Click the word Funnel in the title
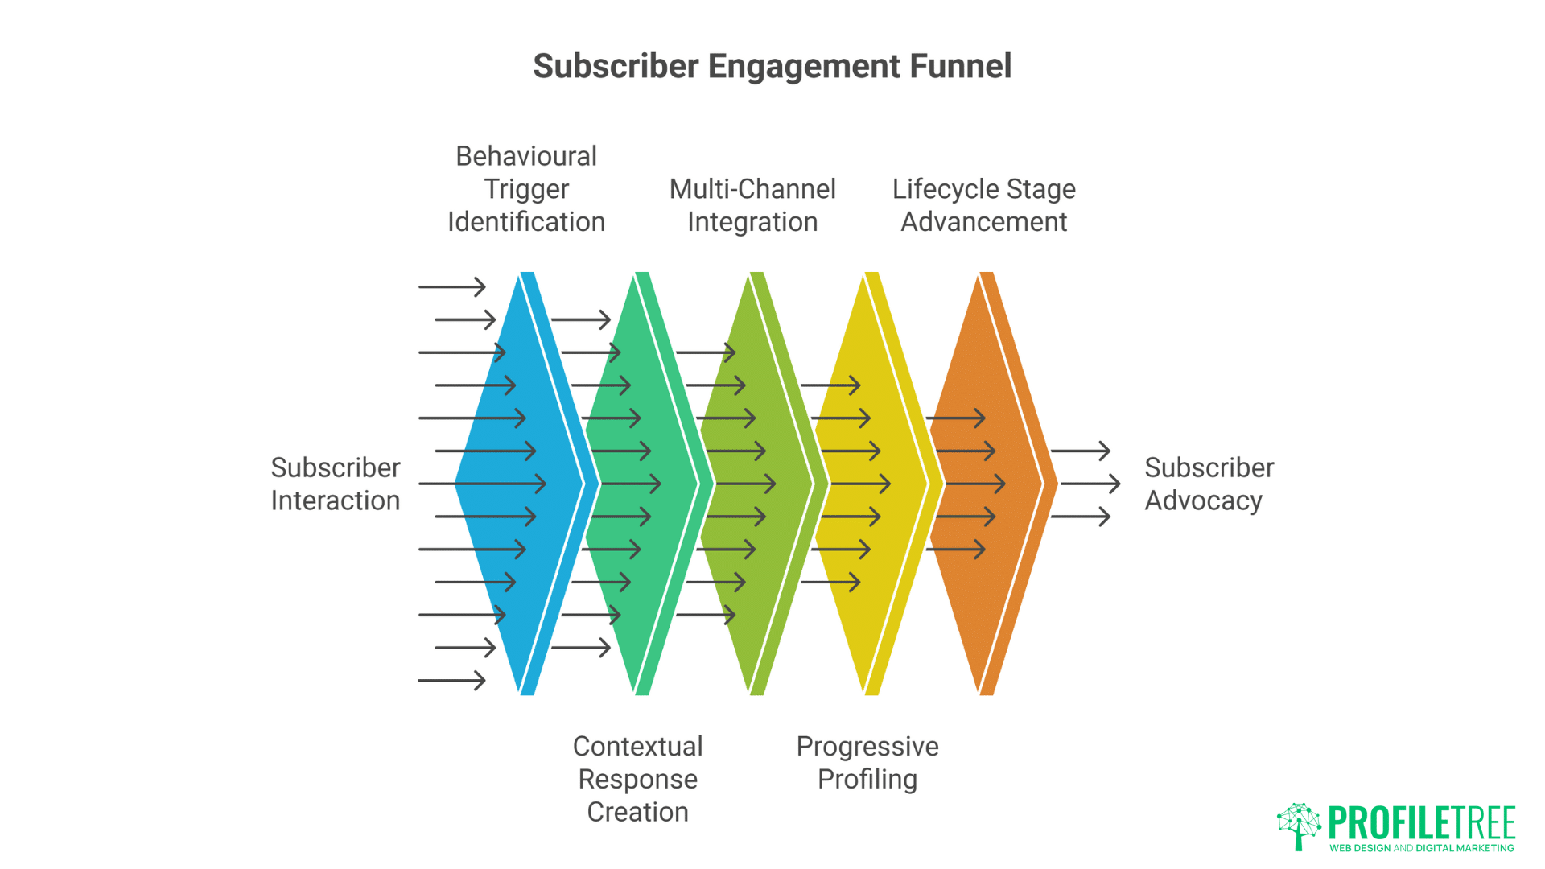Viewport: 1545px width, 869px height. point(960,66)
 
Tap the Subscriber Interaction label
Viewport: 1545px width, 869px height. point(335,484)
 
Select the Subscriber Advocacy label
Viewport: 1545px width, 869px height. point(1209,484)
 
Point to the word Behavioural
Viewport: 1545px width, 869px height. point(525,156)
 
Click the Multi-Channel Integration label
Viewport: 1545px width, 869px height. point(752,205)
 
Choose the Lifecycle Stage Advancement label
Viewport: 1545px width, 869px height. point(983,205)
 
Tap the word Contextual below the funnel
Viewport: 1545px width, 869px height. point(637,746)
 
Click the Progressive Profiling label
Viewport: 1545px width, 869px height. point(867,762)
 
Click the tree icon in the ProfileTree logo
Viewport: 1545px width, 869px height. point(1298,825)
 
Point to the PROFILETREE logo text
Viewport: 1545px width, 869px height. point(1421,822)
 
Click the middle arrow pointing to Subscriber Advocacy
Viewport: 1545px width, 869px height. point(1090,484)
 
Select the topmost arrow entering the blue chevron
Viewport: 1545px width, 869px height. point(452,286)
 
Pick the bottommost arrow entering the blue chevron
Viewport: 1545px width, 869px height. point(452,681)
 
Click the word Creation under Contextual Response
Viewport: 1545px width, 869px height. point(637,812)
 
